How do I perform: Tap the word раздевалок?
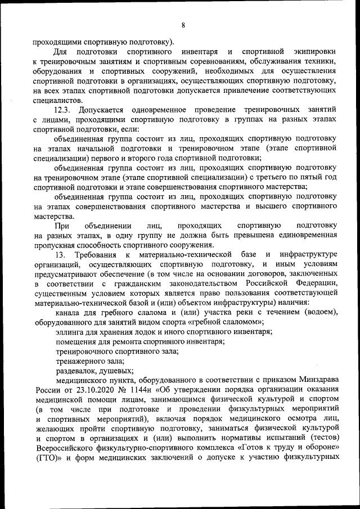coord(76,370)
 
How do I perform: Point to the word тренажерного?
coord(82,361)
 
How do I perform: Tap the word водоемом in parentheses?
coord(316,313)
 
